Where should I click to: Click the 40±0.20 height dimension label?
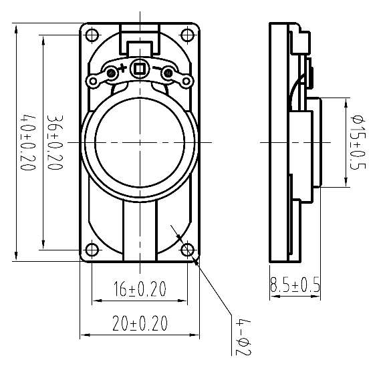[27, 142]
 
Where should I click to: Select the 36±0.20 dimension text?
[55, 142]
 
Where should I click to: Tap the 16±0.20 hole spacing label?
[140, 289]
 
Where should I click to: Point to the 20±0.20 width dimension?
[140, 323]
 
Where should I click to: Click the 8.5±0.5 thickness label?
[295, 285]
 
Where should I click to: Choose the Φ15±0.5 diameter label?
[358, 142]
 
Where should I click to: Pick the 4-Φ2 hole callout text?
[243, 338]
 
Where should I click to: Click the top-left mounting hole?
[92, 35]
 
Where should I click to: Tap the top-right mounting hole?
[187, 35]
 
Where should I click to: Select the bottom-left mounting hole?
[92, 250]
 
